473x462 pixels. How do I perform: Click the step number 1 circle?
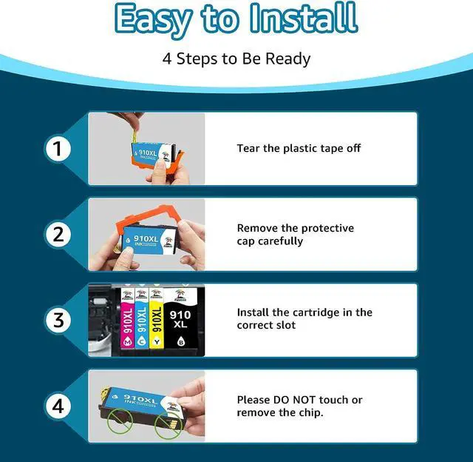[x=58, y=149]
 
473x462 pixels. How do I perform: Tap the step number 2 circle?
[x=58, y=235]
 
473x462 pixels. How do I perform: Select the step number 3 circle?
[x=58, y=321]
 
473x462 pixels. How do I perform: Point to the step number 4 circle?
[x=58, y=406]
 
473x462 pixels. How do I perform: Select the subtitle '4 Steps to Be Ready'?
[x=236, y=58]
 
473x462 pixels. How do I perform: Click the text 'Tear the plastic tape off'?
[x=299, y=148]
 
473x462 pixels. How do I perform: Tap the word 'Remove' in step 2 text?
[x=258, y=228]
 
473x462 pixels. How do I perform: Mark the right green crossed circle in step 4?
[x=175, y=428]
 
